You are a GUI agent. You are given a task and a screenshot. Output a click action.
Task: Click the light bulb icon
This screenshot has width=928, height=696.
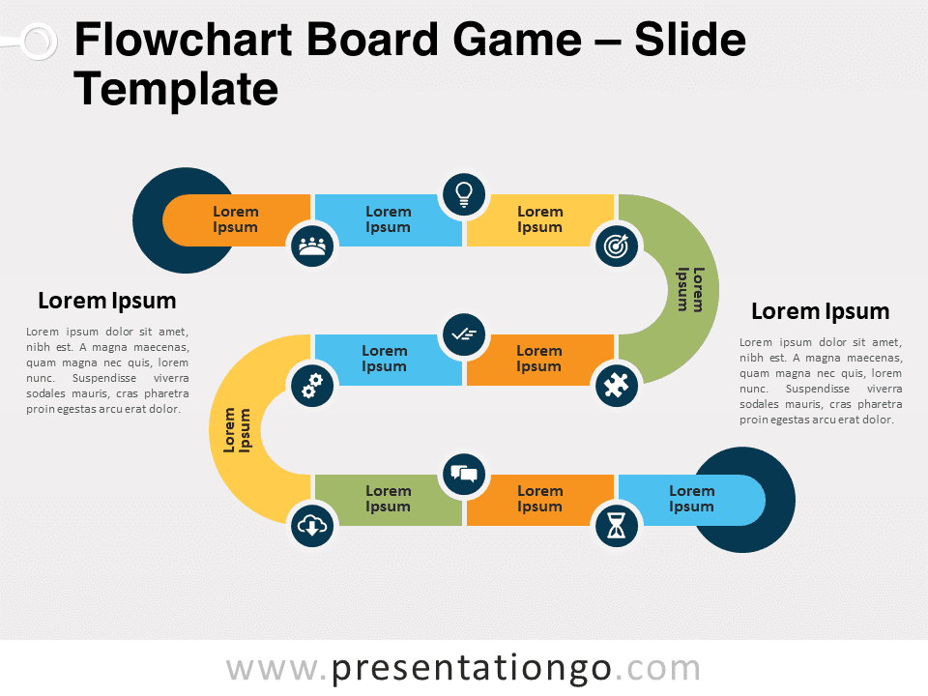(x=464, y=194)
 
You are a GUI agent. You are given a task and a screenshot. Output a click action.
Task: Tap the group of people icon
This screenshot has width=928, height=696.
(x=312, y=246)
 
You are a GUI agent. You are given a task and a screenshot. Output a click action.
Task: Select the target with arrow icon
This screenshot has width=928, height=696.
(x=616, y=246)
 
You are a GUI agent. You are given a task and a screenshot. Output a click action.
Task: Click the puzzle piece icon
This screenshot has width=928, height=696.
(x=616, y=386)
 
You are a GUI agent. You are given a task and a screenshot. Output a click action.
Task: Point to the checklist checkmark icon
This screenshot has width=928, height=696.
(x=464, y=334)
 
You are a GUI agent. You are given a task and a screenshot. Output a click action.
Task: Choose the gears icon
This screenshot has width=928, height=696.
(x=312, y=386)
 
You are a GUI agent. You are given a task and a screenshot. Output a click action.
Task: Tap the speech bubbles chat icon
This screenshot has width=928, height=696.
(x=464, y=474)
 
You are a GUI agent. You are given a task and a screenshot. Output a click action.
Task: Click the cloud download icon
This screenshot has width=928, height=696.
(x=312, y=526)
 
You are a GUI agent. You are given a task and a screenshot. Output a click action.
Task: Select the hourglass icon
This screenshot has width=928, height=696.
(x=616, y=526)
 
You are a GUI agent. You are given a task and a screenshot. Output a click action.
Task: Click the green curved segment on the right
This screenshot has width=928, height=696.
(x=692, y=290)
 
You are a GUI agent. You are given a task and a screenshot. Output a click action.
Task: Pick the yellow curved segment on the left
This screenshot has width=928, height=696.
(x=236, y=429)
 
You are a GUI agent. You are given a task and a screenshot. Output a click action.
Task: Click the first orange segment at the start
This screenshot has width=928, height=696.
(x=237, y=220)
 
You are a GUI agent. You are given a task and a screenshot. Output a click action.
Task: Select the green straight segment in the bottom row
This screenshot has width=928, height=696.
(x=388, y=500)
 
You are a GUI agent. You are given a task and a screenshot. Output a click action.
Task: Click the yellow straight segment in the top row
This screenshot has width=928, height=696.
(x=539, y=220)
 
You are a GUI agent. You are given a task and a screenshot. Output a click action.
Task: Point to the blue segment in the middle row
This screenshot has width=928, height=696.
(x=388, y=360)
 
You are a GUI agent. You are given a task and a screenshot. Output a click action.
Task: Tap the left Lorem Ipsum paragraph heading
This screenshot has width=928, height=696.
(x=107, y=301)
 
